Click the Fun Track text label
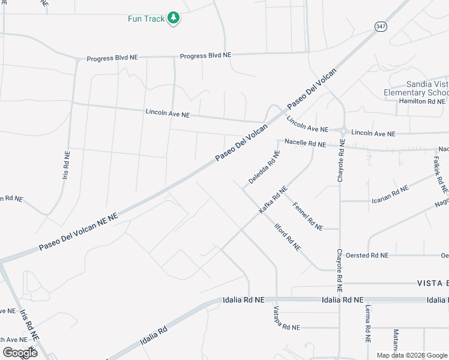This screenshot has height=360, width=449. [146, 19]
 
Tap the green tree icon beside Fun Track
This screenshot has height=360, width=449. [173, 18]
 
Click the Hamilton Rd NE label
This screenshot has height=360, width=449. [422, 101]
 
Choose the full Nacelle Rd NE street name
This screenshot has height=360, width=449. [305, 144]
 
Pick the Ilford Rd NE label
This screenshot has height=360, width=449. [287, 237]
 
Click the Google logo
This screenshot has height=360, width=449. [20, 352]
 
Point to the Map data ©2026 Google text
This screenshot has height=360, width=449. [412, 355]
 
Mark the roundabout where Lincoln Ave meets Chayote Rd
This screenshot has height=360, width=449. [343, 131]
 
